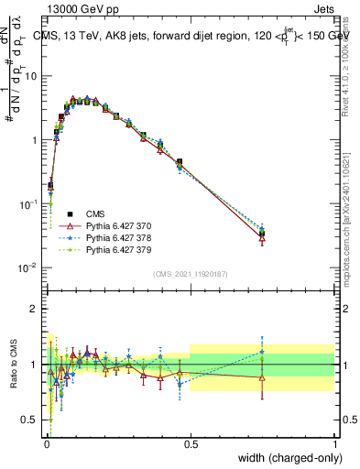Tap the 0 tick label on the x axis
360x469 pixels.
pyautogui.click(x=46, y=443)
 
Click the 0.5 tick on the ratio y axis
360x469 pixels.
pyautogui.click(x=32, y=420)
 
